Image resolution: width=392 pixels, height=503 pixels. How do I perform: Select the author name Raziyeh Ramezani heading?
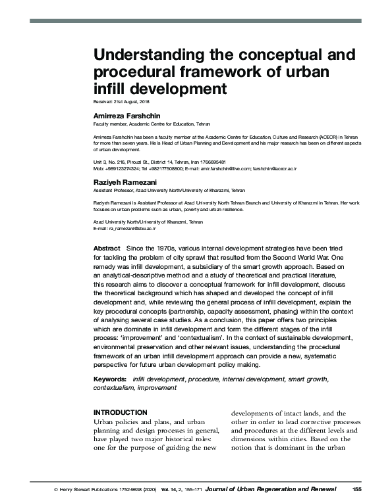[123, 180]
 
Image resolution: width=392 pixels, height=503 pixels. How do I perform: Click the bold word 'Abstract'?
[107, 248]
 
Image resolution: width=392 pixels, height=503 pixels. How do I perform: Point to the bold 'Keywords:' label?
[109, 379]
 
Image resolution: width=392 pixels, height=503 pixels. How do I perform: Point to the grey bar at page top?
[195, 21]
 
